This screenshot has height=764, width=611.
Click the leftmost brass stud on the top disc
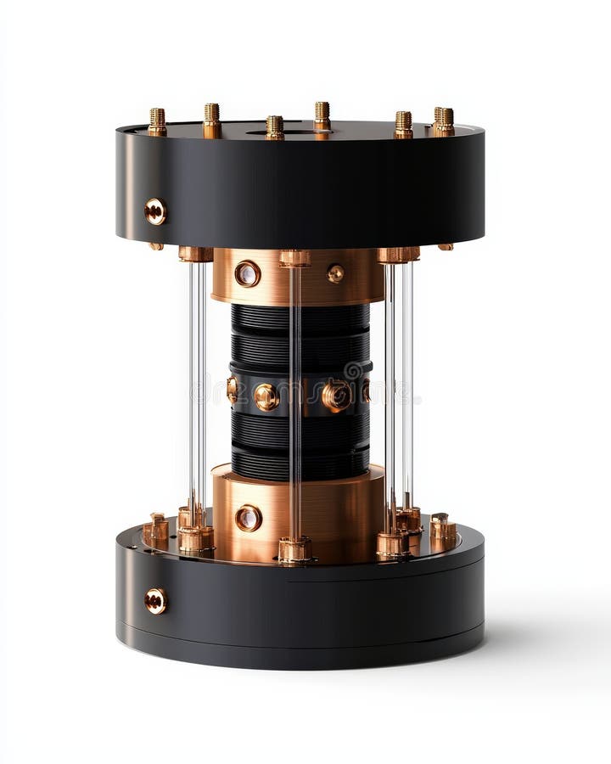157,121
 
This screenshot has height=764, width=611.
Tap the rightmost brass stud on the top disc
444,121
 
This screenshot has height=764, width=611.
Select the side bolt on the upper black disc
155,211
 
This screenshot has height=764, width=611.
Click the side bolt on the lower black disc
155,601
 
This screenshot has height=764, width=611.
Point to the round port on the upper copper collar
248,273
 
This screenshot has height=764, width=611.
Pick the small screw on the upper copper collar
336,273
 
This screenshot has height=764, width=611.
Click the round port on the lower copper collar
248,518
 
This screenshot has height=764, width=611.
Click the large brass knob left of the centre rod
266,396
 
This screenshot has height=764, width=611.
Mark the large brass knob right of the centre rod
337,396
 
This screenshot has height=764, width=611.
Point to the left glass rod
197,382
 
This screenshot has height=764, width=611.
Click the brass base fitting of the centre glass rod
294,549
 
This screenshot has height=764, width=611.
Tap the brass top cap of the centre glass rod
294,257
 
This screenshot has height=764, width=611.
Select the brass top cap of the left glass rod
195,253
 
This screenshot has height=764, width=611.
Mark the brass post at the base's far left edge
156,530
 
